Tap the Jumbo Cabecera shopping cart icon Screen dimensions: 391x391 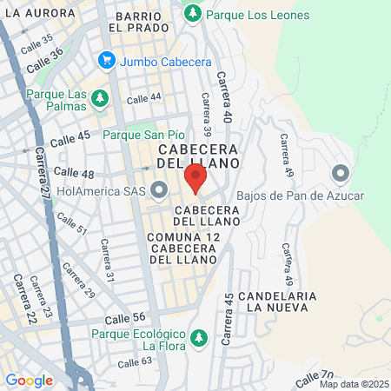tap(107, 60)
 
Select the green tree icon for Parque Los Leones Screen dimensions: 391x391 tap(192, 13)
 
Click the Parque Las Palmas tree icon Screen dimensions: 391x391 tap(101, 96)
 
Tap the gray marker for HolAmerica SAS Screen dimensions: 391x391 tap(160, 189)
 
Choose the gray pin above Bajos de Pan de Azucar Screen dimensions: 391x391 tap(340, 174)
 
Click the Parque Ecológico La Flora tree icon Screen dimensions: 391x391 tap(199, 336)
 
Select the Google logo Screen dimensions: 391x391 tap(29, 380)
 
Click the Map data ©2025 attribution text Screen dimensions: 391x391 tap(354, 384)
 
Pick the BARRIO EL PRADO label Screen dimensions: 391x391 tap(138, 22)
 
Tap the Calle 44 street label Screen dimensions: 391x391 tap(144, 100)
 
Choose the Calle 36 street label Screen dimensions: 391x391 tap(44, 59)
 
